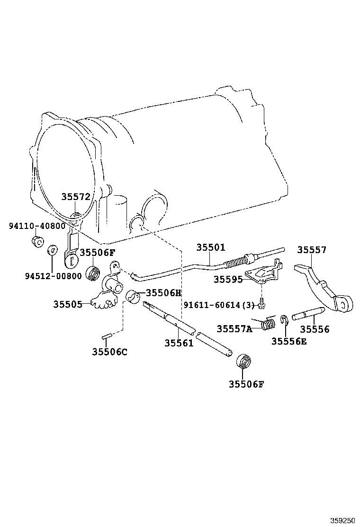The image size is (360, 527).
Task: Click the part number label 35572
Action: tap(76, 197)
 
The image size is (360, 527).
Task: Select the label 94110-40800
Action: tap(37, 226)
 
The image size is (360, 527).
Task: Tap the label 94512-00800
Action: tap(54, 276)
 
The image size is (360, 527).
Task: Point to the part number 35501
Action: tap(211, 247)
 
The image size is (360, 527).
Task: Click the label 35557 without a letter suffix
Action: tap(312, 250)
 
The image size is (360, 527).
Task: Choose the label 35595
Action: tap(228, 279)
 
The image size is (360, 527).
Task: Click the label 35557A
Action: tap(234, 329)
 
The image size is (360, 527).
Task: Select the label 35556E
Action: tap(289, 342)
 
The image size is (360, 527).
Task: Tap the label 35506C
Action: tap(110, 352)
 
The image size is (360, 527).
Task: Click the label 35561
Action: tap(179, 343)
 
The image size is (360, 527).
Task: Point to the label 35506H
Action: tap(163, 293)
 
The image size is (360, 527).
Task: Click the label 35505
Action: tap(68, 304)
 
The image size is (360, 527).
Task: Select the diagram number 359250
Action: tap(342, 521)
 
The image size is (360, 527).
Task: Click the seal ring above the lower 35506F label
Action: tap(243, 361)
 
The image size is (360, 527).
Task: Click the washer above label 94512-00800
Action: tap(53, 250)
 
